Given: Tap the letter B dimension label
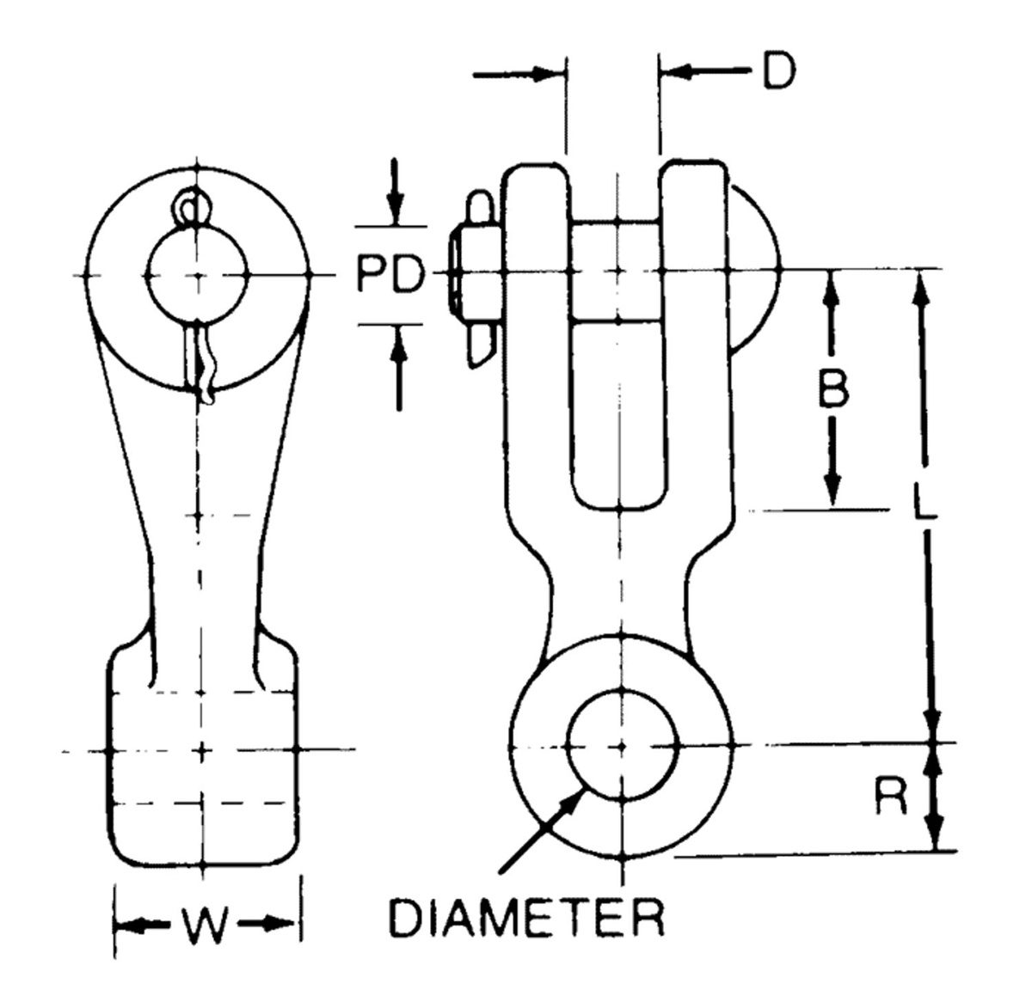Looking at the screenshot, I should click(832, 389).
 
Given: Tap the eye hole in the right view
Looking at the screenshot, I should click(621, 744).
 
